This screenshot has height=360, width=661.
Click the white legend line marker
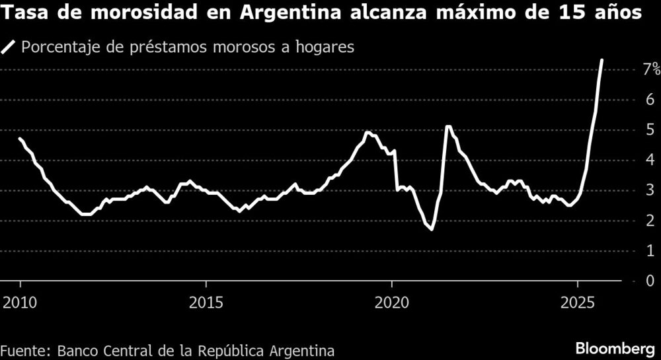click(9, 47)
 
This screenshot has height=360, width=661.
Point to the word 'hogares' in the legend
click(330, 47)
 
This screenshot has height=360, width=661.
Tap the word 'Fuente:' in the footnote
click(25, 349)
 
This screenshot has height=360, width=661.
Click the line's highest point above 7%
click(602, 60)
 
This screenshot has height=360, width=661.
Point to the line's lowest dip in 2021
click(431, 229)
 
